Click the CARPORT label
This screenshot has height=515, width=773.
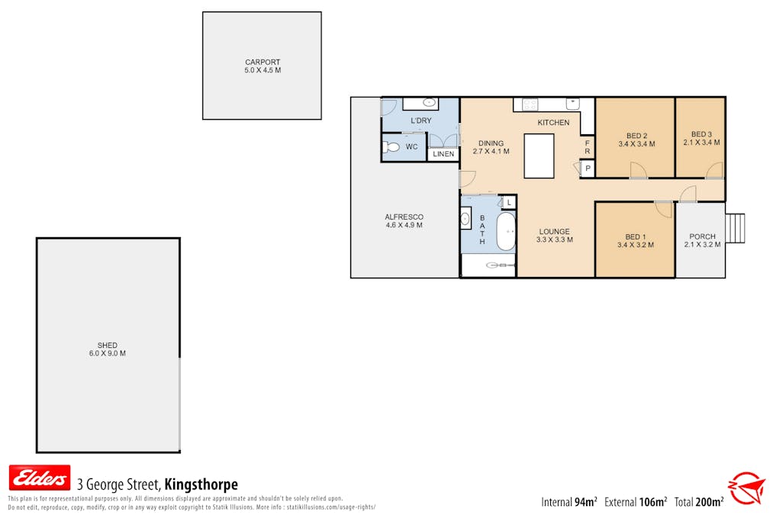pyautogui.click(x=262, y=62)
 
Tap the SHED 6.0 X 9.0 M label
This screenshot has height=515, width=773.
pyautogui.click(x=108, y=349)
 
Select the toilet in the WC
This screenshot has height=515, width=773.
pyautogui.click(x=391, y=146)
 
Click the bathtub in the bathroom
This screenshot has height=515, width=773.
pyautogui.click(x=505, y=231)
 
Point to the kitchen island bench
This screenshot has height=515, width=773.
pyautogui.click(x=539, y=156)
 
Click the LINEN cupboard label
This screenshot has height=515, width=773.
pyautogui.click(x=443, y=154)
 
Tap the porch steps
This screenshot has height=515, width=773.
pyautogui.click(x=735, y=228)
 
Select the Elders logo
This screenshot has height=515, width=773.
pyautogui.click(x=40, y=478)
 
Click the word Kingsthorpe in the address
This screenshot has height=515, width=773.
pyautogui.click(x=201, y=484)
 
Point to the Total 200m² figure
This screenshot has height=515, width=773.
pyautogui.click(x=699, y=502)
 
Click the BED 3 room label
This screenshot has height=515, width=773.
pyautogui.click(x=701, y=134)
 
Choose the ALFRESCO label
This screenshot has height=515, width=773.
pyautogui.click(x=404, y=217)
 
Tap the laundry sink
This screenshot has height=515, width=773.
pyautogui.click(x=430, y=103)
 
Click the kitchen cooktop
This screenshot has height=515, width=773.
pyautogui.click(x=530, y=104)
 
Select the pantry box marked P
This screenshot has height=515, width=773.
pyautogui.click(x=588, y=168)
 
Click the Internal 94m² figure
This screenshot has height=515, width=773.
pyautogui.click(x=569, y=502)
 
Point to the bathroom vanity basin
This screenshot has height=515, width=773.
pyautogui.click(x=465, y=218)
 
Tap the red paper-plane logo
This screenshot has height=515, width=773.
pyautogui.click(x=746, y=488)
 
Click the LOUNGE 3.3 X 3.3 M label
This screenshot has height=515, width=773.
pyautogui.click(x=555, y=236)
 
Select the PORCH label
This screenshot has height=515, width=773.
pyautogui.click(x=702, y=237)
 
